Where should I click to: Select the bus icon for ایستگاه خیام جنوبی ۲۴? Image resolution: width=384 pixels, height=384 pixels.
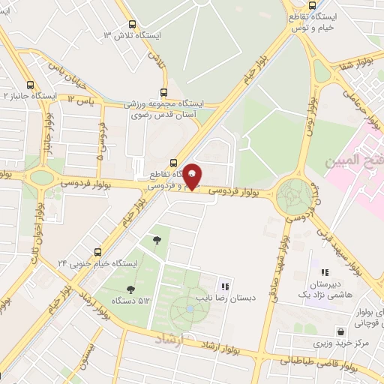pyautogui.click(x=97, y=252)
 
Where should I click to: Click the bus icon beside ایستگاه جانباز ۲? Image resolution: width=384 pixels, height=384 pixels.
pyautogui.click(x=30, y=85)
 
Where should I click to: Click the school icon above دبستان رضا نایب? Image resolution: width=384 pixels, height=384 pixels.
pyautogui.click(x=224, y=286)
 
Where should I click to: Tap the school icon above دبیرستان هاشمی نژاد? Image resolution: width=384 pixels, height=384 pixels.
pyautogui.click(x=325, y=273)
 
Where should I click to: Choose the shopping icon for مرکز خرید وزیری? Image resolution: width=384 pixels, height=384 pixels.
pyautogui.click(x=341, y=331)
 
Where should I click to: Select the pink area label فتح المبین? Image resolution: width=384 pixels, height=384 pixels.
pyautogui.click(x=352, y=161)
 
